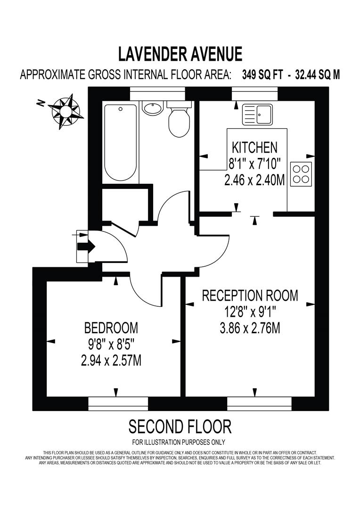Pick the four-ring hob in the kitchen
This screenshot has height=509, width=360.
301,173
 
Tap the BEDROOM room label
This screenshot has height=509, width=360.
111,327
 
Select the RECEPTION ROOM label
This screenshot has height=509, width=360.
250,296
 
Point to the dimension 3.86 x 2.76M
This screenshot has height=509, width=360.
250,328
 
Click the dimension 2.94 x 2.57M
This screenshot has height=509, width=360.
111,361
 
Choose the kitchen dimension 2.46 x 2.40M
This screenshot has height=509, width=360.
254,181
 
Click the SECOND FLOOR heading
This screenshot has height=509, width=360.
180,427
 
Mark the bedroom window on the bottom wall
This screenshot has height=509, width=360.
118,403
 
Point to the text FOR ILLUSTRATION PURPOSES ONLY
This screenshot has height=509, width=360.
179,442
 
